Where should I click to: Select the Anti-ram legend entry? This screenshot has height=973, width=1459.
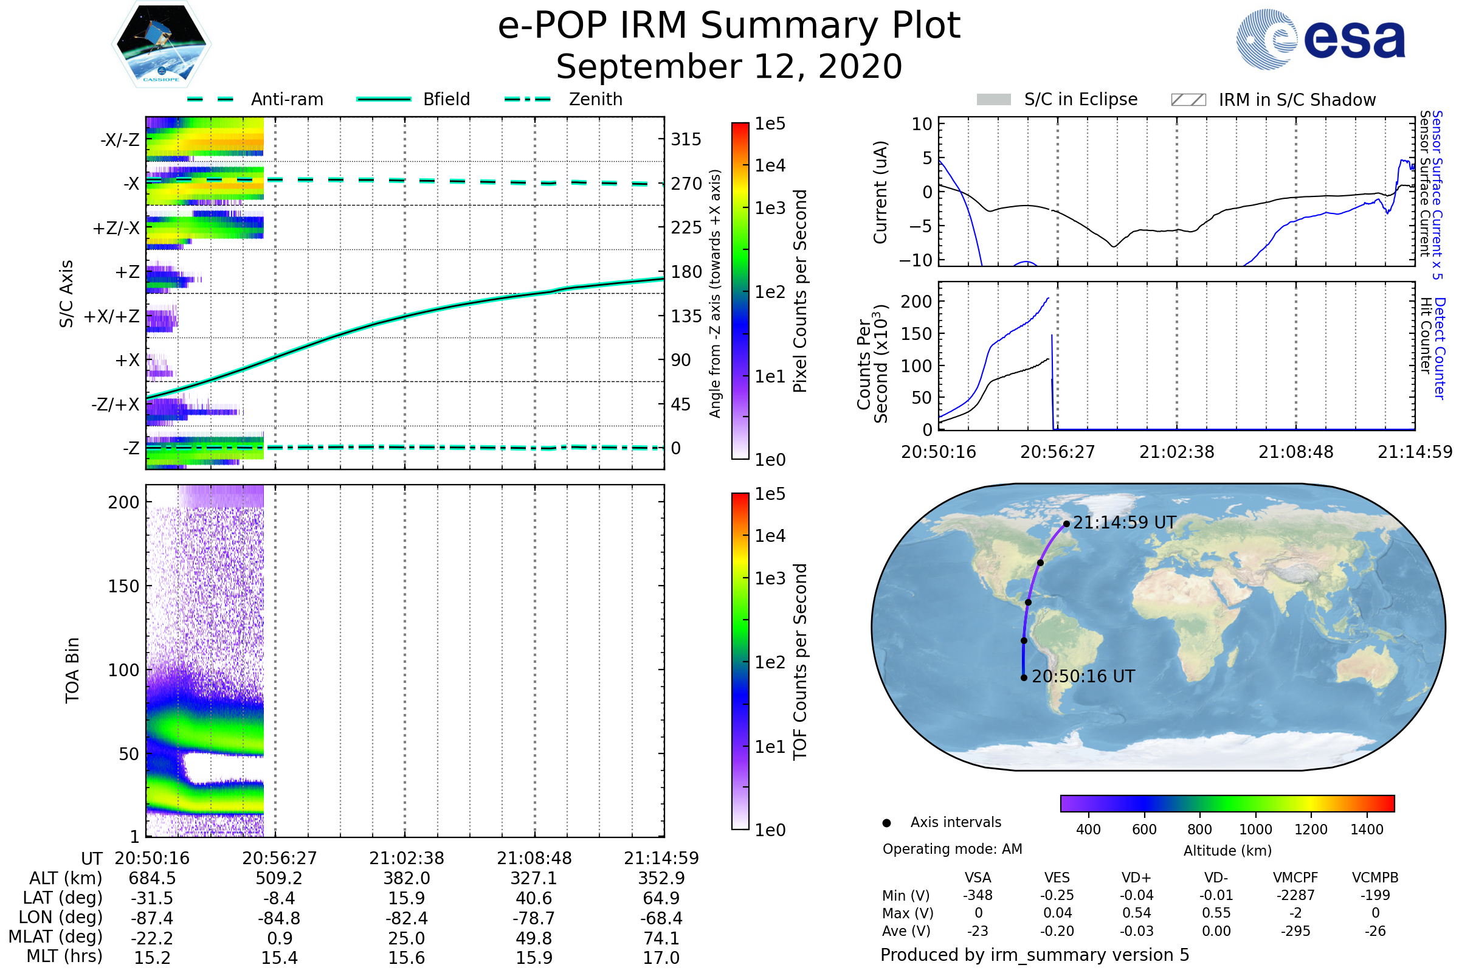(255, 99)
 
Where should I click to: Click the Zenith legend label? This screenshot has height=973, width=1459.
(595, 99)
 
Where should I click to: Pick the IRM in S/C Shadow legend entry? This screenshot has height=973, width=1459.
(1273, 100)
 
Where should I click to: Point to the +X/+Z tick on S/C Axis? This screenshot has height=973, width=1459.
(112, 316)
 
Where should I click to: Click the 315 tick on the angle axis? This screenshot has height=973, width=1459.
(686, 139)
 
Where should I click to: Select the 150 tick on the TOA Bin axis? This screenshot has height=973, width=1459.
(123, 586)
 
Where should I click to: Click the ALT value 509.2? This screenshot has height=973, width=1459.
(278, 878)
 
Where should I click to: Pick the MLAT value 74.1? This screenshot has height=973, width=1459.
(661, 938)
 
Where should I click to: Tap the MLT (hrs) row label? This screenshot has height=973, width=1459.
(64, 956)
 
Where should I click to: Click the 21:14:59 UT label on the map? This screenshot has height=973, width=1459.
(1124, 522)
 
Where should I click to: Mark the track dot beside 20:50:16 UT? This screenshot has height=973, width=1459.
(1024, 677)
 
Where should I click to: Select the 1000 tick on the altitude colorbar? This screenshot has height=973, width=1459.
(1255, 829)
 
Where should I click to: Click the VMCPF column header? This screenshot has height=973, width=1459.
(1295, 878)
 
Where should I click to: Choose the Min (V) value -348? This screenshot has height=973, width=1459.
(978, 895)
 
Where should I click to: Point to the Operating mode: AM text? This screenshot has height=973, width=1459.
(952, 849)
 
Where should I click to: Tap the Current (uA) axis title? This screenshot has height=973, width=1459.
(880, 192)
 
